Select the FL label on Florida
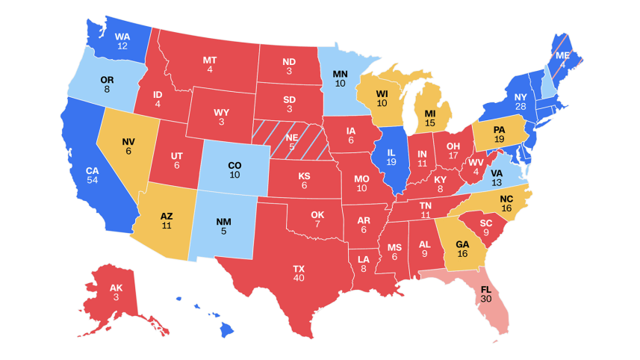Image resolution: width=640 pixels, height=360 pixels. [486, 289]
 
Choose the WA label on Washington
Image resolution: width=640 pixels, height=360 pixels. [122, 36]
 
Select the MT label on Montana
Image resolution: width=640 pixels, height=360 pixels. [210, 60]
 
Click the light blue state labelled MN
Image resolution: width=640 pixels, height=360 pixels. [340, 74]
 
